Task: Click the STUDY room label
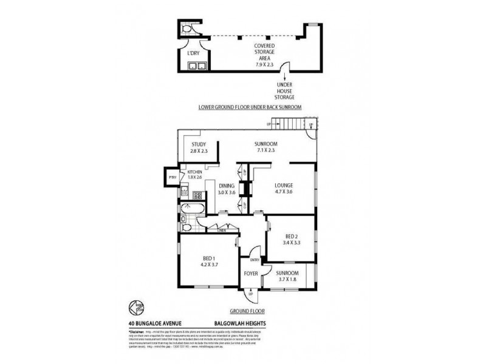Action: (x=199, y=144)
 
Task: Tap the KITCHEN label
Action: (x=194, y=173)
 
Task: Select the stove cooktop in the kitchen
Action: (x=197, y=195)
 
